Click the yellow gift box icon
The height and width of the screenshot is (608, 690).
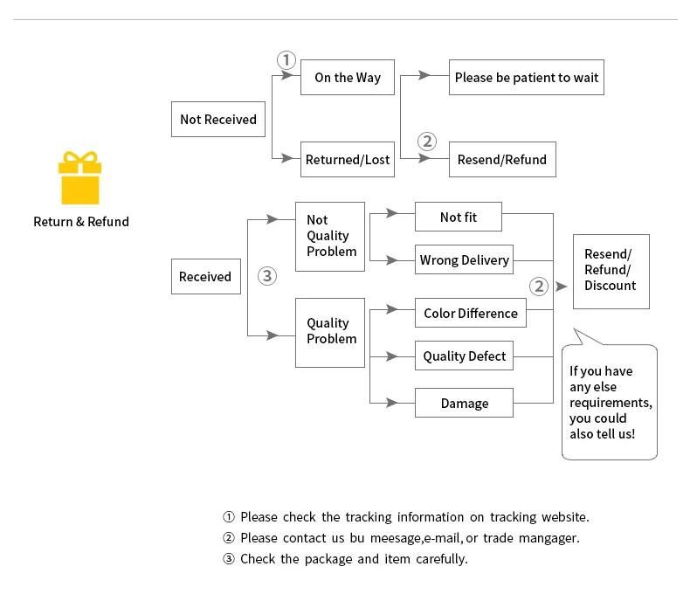coord(80,178)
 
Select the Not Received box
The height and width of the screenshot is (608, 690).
coord(218,120)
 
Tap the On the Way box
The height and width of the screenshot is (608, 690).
coord(348,78)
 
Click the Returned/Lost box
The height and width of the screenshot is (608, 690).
coord(348,159)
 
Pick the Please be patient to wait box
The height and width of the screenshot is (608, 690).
coord(527,78)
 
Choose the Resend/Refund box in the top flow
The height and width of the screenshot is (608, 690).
coord(502,159)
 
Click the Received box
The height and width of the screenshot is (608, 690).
coord(206,277)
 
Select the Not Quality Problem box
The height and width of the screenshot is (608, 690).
coord(330,237)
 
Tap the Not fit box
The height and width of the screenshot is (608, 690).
coord(459,217)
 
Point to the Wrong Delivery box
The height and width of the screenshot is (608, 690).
coord(465,259)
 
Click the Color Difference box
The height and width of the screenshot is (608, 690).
coord(471,313)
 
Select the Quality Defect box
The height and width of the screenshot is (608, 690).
coord(465,356)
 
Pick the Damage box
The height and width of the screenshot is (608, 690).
coord(465,403)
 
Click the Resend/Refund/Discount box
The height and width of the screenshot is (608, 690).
coord(611,272)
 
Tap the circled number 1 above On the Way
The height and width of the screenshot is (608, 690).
coord(286,60)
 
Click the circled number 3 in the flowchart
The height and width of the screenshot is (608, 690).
coord(267,276)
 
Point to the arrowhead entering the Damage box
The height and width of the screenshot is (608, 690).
coord(392,403)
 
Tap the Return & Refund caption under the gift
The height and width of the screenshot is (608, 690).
coord(81,222)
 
